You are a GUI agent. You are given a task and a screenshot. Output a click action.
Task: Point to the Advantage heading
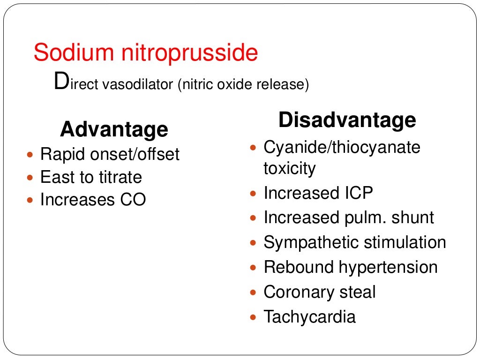tap(114, 129)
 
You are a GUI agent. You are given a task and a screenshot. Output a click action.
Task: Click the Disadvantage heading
tap(347, 120)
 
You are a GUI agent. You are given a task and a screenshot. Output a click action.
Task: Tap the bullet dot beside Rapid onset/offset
tap(31, 154)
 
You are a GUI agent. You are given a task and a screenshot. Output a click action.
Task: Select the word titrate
tap(120, 177)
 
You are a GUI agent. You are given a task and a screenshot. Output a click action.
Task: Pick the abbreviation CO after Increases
tap(133, 200)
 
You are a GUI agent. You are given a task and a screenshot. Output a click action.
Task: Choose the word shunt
tap(413, 217)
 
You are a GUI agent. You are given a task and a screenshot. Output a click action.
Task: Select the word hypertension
tap(388, 268)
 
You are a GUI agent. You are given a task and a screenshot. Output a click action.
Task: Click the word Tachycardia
tap(309, 317)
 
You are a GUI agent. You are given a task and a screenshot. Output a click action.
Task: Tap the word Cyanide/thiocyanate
tap(342, 148)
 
